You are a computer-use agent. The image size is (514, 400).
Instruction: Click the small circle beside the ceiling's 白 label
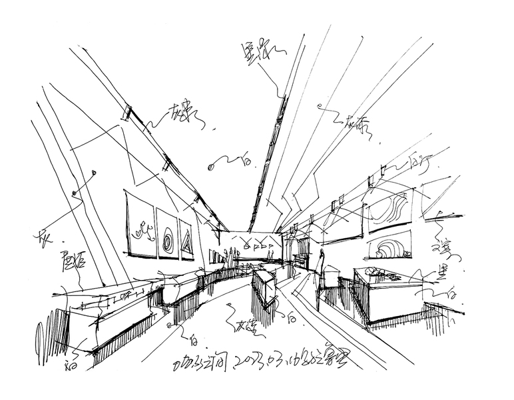pos(212,164)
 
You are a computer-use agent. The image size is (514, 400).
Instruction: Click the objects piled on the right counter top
pos(380,272)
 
